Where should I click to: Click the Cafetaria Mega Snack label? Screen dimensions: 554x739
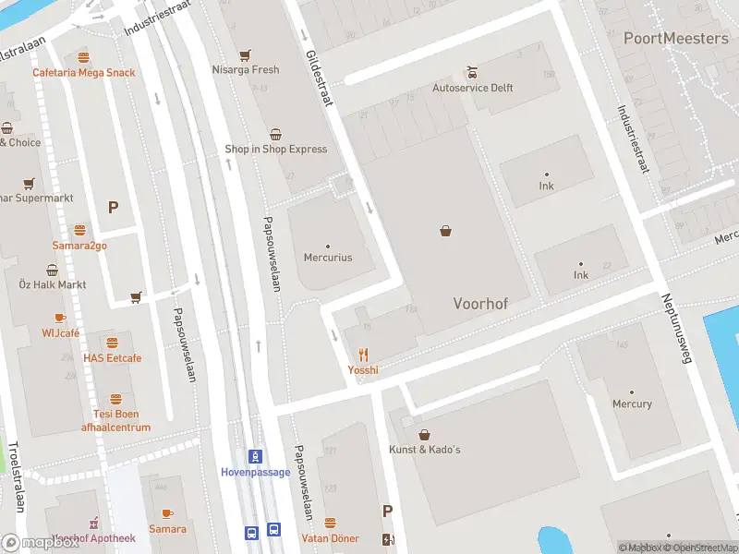tap(83, 73)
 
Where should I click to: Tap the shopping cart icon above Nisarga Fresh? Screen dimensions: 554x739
tap(245, 54)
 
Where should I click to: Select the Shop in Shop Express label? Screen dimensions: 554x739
tap(275, 149)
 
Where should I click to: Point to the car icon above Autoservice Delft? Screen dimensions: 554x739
tap(472, 72)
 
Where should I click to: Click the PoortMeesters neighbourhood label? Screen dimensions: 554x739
tap(675, 38)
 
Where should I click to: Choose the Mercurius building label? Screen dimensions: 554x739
tap(328, 258)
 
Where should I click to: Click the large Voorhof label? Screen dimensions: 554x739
tap(480, 303)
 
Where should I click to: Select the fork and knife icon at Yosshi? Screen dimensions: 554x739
tap(363, 354)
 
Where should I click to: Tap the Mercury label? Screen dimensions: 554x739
tap(632, 403)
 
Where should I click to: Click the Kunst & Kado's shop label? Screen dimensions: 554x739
tap(425, 449)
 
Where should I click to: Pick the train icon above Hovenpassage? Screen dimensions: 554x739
tap(255, 456)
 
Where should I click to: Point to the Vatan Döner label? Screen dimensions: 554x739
tap(329, 537)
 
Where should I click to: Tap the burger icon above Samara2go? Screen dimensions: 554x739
tap(79, 230)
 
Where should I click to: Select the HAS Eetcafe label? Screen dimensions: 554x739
tap(112, 358)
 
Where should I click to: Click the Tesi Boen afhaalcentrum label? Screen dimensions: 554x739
tap(115, 421)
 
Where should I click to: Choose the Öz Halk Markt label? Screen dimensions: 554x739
tap(53, 284)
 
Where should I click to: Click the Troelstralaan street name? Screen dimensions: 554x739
tap(14, 476)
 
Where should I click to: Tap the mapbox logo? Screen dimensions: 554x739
tap(41, 542)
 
